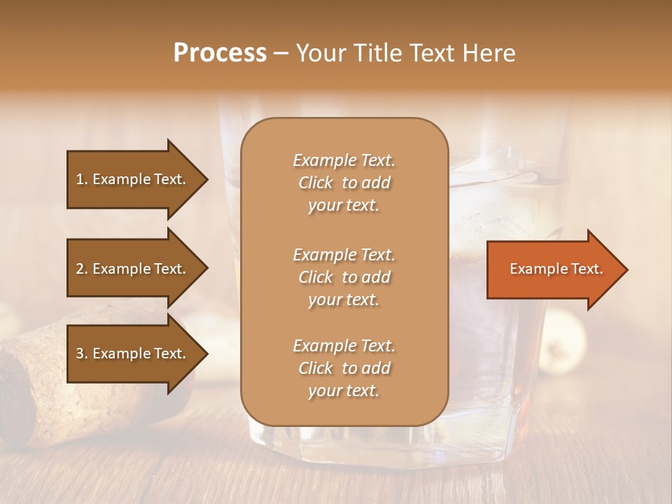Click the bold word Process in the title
coord(220,53)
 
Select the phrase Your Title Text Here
coord(406,53)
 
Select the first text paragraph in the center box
coord(344,183)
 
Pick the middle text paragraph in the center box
coord(344,276)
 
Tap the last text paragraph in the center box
coord(344,368)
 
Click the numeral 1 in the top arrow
coord(80,179)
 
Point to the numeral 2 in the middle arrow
coord(80,269)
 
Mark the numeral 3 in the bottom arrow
coord(80,353)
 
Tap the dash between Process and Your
coord(281,54)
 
